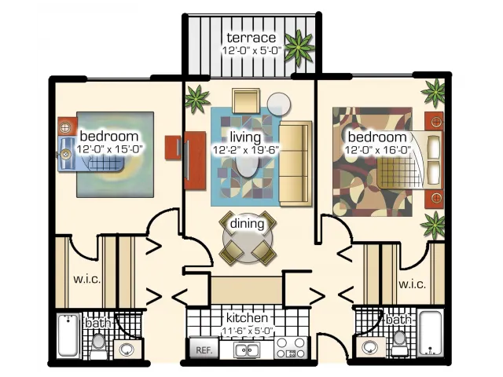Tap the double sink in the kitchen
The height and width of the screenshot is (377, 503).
247,349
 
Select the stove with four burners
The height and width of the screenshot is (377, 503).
291,348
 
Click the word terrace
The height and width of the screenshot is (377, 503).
251,38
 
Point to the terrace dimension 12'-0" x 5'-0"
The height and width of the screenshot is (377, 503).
251,50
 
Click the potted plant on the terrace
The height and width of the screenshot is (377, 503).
299,48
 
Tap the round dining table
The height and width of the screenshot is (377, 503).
248,238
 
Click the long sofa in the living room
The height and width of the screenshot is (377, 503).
296,163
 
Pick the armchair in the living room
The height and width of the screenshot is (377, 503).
246,101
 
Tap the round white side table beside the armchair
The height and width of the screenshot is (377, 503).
279,104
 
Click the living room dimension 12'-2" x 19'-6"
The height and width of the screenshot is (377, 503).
245,150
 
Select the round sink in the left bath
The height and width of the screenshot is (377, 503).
127,349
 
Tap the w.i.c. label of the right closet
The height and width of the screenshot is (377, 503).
412,284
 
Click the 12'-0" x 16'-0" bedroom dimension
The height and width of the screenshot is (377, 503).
378,150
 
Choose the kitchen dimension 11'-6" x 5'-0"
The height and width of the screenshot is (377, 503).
247,331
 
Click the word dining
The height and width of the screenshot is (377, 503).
247,223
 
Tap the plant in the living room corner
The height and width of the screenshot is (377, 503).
197,99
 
